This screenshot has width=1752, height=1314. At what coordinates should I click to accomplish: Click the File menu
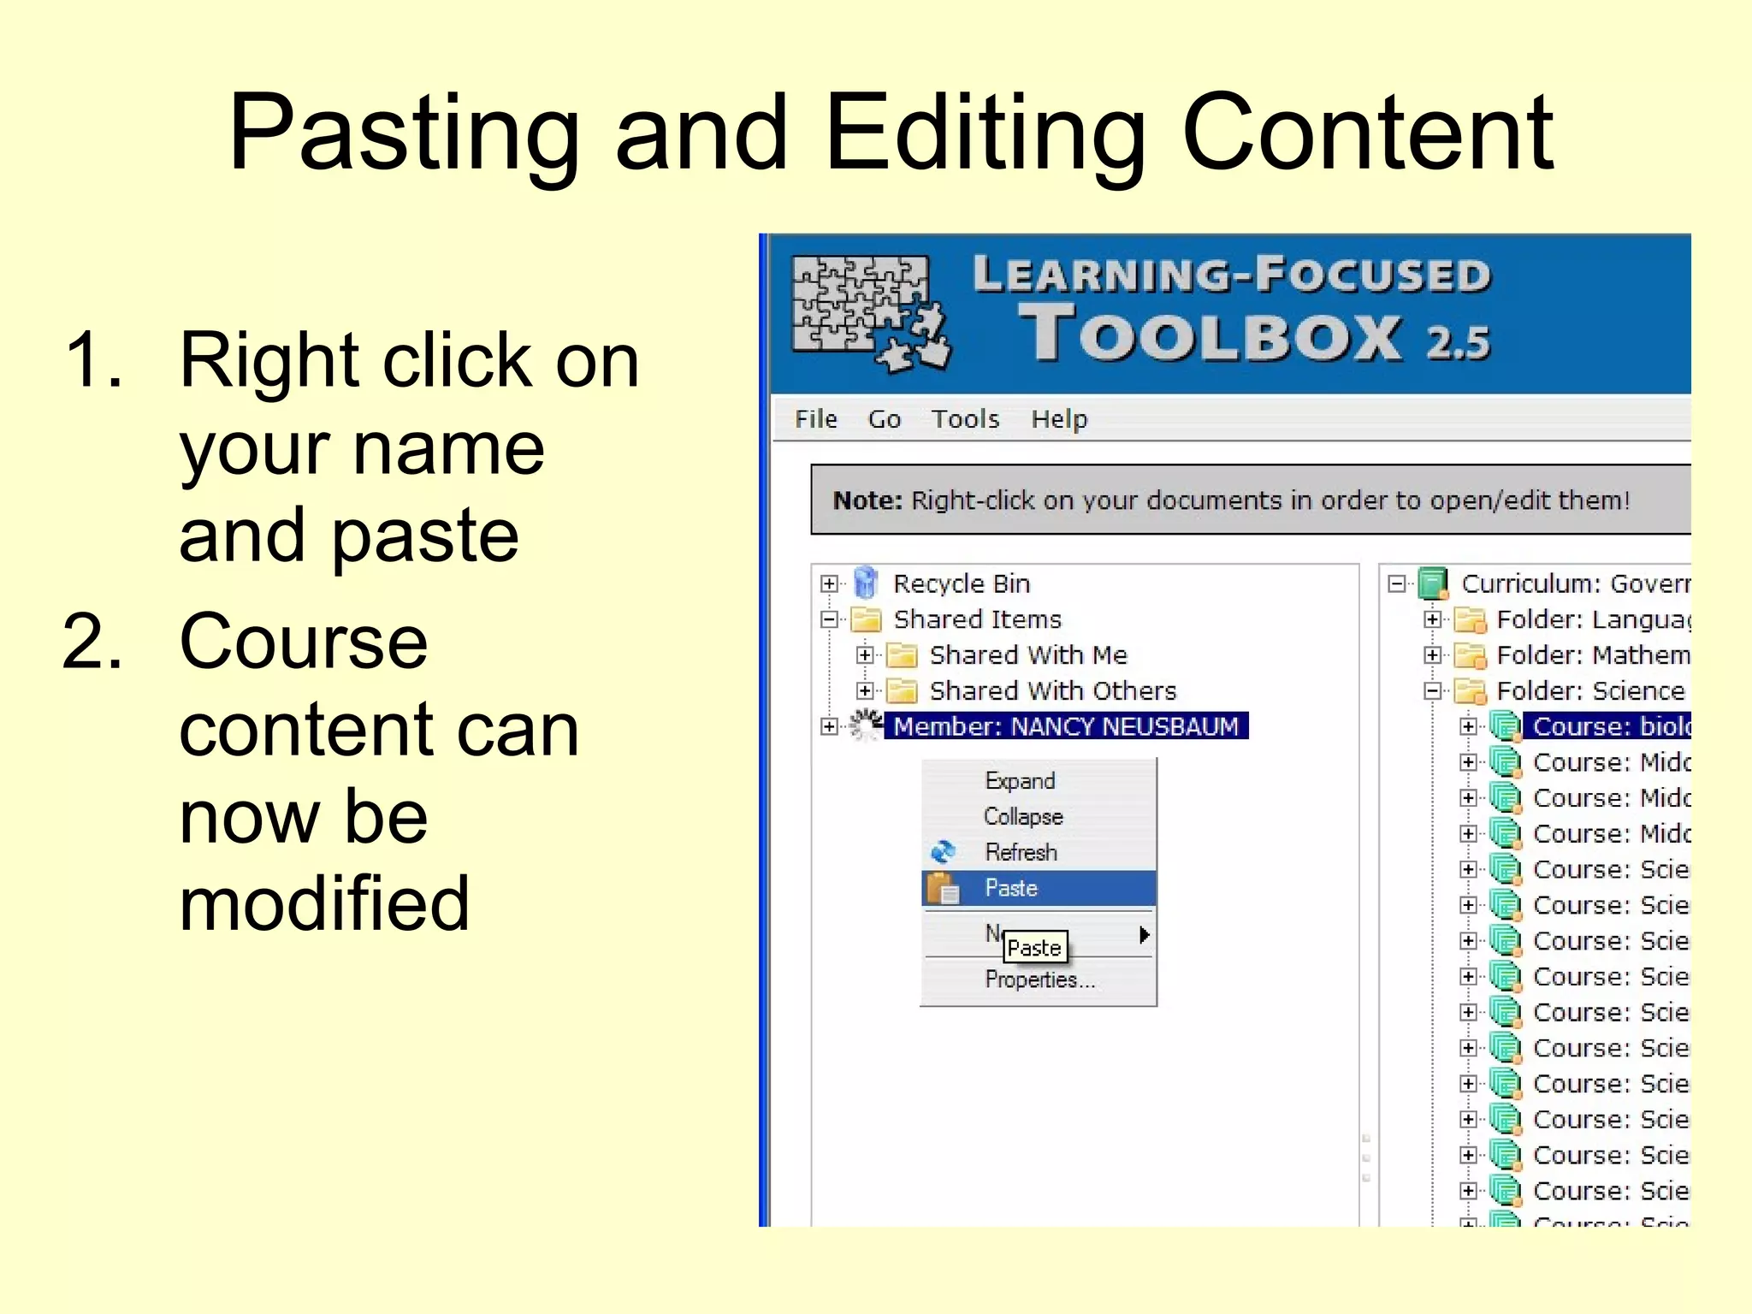coord(815,419)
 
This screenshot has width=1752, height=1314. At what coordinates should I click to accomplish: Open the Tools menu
coord(965,419)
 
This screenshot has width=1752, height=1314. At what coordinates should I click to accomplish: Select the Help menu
coord(1059,419)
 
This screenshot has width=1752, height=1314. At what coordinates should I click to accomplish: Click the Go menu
coord(884,419)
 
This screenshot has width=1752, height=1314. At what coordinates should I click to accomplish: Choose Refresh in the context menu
coord(1021,852)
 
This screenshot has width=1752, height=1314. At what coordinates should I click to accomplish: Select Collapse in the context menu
coord(1023,816)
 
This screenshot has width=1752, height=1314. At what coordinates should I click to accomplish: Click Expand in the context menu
coord(1020,780)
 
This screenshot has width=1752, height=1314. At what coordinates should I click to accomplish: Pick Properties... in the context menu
coord(1039,980)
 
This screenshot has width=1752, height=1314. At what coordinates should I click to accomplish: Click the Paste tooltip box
coord(1034,948)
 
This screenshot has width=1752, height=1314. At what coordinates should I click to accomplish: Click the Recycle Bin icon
coord(866,583)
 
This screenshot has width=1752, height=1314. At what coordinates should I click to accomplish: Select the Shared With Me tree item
coord(1028,655)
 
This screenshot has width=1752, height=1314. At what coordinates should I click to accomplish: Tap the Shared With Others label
coord(1053,691)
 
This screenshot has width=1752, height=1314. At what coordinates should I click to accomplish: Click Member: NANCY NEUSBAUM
coord(1066,726)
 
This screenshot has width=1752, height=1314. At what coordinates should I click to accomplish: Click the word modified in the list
coord(324,903)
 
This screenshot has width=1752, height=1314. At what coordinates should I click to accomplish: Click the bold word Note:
coord(867,500)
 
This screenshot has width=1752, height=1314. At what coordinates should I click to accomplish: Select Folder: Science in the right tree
coord(1589,691)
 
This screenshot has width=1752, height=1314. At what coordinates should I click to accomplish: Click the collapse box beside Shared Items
coord(829,619)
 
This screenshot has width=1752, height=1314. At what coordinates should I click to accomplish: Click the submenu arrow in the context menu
coord(1144,934)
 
